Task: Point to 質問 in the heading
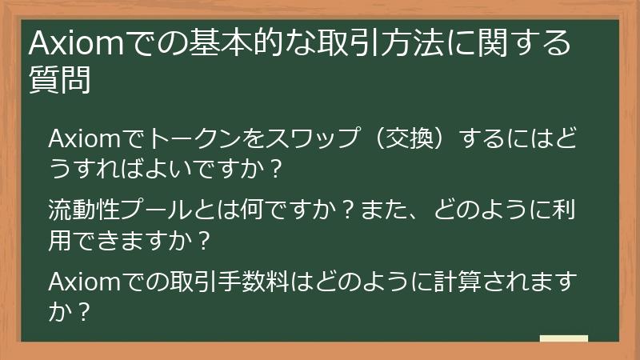tap(60, 79)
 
